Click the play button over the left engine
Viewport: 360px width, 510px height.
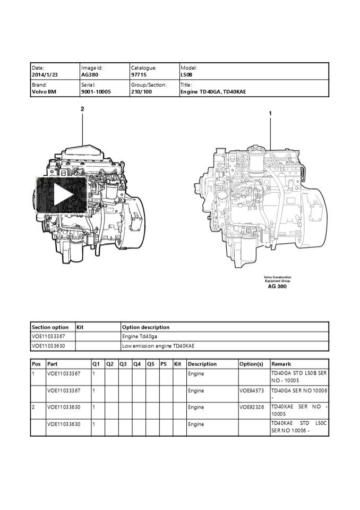[x=61, y=195]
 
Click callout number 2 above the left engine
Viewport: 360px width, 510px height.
[x=82, y=109]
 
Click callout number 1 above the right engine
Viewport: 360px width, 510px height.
[x=270, y=113]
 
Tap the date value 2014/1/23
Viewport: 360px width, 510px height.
[x=44, y=75]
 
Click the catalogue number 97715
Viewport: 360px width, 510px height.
[x=139, y=75]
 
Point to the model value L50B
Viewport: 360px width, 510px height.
[x=186, y=75]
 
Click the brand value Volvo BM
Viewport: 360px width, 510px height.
[x=44, y=91]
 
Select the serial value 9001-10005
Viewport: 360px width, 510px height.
[x=96, y=91]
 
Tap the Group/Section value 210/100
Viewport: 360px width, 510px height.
[x=141, y=91]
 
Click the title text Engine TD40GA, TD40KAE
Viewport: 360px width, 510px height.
[x=213, y=91]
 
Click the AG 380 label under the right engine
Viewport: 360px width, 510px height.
[x=277, y=286]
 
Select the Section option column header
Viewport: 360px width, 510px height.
[x=50, y=327]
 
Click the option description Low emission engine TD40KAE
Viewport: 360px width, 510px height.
[x=158, y=346]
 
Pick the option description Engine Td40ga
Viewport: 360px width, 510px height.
[x=140, y=336]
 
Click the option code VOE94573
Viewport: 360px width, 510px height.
[x=252, y=390]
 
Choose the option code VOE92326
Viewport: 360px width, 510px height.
[x=252, y=407]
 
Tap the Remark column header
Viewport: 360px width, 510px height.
[x=281, y=364]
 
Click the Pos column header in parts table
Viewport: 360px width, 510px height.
[x=37, y=364]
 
